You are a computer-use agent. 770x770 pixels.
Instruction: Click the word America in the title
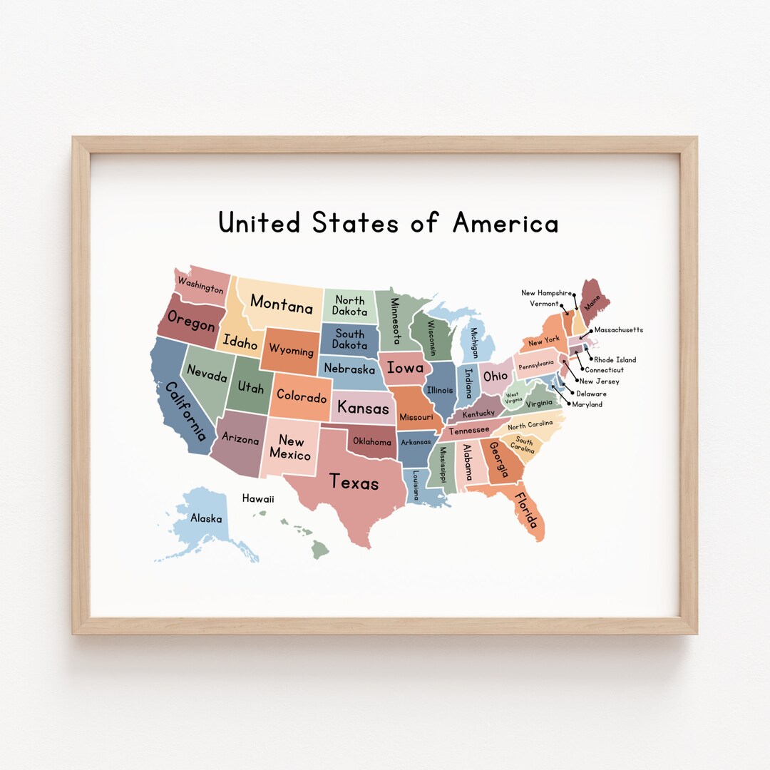(505, 222)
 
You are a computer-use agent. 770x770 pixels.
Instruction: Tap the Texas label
(354, 483)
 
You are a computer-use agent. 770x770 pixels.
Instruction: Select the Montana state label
(282, 304)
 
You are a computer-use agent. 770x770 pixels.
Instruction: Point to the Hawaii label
(258, 499)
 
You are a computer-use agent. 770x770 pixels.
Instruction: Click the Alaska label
(205, 518)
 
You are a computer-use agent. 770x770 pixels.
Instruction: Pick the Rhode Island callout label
(615, 360)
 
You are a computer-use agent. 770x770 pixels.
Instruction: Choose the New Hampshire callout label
(547, 293)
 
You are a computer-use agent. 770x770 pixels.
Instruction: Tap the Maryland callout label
(587, 404)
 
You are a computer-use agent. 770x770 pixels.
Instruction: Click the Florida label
(527, 510)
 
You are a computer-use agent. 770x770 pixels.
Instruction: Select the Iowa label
(405, 369)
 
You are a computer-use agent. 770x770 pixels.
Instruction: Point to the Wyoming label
(291, 351)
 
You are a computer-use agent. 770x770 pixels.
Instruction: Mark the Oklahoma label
(372, 441)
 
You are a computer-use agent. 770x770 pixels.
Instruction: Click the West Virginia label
(513, 397)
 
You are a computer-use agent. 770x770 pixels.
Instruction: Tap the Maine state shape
(593, 299)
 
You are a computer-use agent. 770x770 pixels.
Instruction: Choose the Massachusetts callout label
(618, 330)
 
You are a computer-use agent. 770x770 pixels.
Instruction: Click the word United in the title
(260, 222)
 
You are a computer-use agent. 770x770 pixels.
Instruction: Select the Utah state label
(250, 387)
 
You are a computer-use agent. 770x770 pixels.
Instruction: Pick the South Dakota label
(349, 339)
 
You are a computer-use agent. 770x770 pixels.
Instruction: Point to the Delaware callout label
(591, 394)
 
